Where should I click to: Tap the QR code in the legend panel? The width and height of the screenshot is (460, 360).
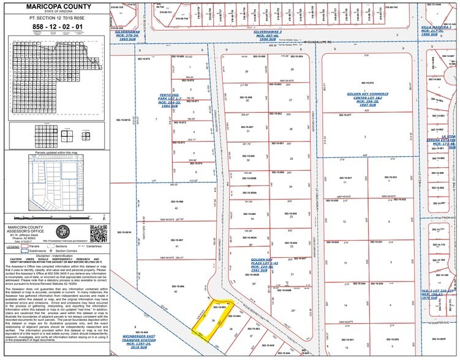pyautogui.click(x=97, y=233)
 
